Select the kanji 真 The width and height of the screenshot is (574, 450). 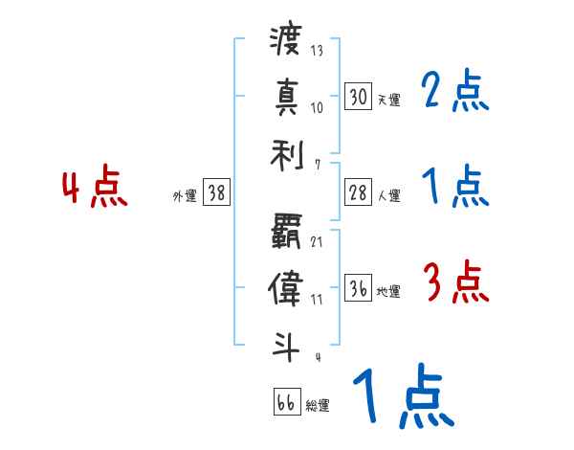286,98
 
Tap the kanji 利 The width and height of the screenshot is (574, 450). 286,152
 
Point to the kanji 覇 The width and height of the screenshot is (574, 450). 286,233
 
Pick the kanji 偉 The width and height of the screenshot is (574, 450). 286,288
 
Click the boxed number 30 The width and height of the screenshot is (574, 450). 358,96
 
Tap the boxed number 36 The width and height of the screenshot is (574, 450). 358,288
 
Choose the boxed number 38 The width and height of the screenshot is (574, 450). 216,193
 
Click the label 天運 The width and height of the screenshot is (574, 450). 388,100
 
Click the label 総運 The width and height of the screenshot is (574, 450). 318,405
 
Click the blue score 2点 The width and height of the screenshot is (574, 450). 455,91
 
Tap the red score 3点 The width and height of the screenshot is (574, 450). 455,282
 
